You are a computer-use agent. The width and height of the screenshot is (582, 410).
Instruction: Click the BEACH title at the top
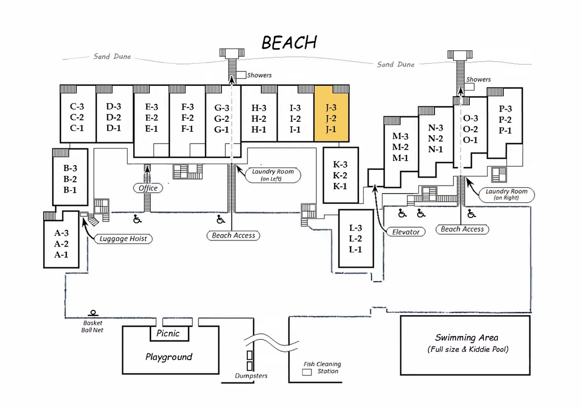[x=289, y=42]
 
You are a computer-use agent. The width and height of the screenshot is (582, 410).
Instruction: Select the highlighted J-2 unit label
[x=331, y=118]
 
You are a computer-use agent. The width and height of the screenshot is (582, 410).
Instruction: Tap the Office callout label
[x=148, y=188]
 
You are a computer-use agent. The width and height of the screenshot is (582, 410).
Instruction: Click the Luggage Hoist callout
[x=123, y=238]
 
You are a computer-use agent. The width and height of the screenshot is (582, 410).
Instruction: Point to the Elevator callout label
[x=406, y=231]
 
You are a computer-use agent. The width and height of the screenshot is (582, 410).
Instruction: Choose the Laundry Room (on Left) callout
[x=273, y=174]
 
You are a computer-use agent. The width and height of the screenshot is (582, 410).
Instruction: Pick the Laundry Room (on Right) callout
[x=505, y=194]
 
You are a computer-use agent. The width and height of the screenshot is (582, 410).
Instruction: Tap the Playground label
[x=169, y=357]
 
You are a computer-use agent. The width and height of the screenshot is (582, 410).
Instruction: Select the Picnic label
[x=168, y=333]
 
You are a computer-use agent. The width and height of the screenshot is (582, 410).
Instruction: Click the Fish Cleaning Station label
[x=322, y=367]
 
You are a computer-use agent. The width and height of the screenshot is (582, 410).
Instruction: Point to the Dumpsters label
[x=251, y=375]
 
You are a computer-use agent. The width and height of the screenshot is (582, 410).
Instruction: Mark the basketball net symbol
[x=93, y=313]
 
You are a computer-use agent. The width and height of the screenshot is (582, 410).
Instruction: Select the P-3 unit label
[x=505, y=109]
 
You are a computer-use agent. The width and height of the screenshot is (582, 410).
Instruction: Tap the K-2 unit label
[x=339, y=175]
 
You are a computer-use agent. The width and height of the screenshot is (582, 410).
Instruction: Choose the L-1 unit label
[x=355, y=249]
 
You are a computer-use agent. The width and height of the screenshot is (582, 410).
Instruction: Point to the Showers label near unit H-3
[x=259, y=75]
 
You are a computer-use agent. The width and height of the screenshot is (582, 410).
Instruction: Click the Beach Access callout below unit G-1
[x=233, y=235]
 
